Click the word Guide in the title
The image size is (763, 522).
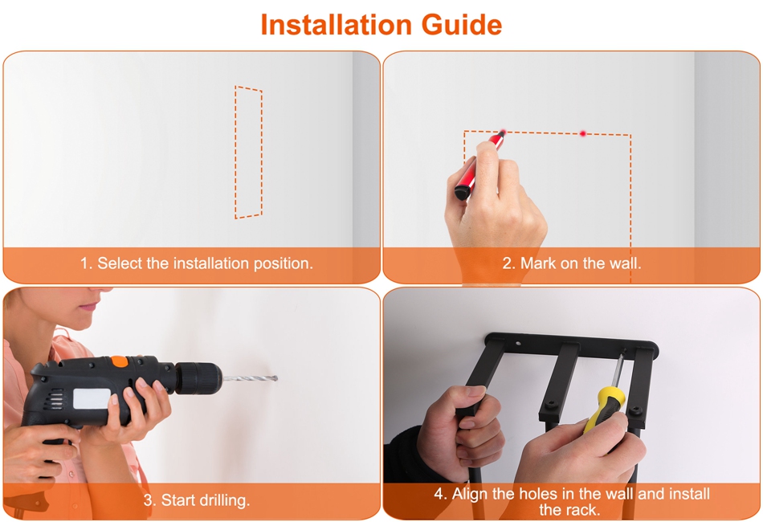(462, 25)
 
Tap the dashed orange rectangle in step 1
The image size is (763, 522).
(235, 153)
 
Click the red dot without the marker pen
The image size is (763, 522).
(583, 133)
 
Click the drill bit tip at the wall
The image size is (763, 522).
(276, 378)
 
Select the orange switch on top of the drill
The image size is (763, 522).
(119, 361)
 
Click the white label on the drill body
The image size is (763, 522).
(92, 399)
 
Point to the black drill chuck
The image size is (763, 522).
(198, 377)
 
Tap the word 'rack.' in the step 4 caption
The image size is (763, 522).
(569, 510)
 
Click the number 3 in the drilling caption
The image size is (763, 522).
(148, 500)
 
